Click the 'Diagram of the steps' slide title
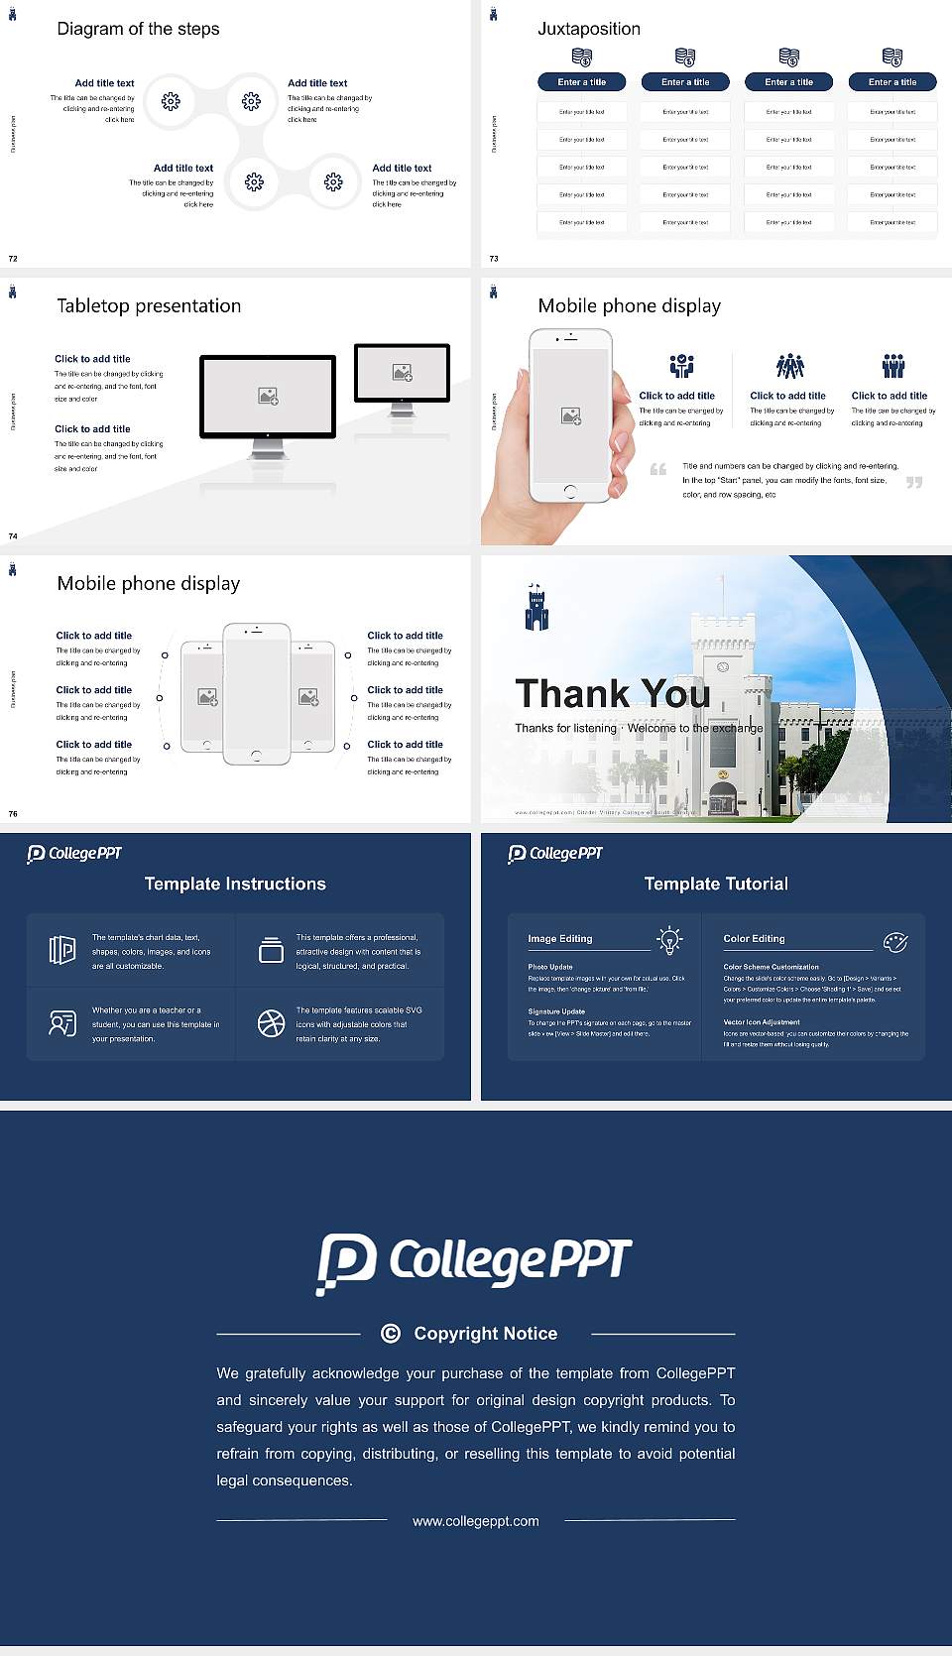click(138, 29)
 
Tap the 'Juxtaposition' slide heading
click(588, 29)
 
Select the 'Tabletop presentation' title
click(149, 305)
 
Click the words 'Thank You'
click(612, 693)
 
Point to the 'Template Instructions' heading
click(235, 884)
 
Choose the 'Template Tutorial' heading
click(716, 884)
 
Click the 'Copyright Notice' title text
click(485, 1334)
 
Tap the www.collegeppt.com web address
click(476, 1521)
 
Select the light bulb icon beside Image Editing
click(669, 940)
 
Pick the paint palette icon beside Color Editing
click(895, 942)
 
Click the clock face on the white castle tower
click(723, 666)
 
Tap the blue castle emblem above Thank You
click(536, 608)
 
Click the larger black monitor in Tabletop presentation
click(268, 397)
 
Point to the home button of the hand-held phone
click(570, 491)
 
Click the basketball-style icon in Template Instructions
click(271, 1023)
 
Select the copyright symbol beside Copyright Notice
click(391, 1334)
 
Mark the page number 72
click(13, 259)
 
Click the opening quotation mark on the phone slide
click(657, 469)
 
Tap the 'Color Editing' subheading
click(754, 938)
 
